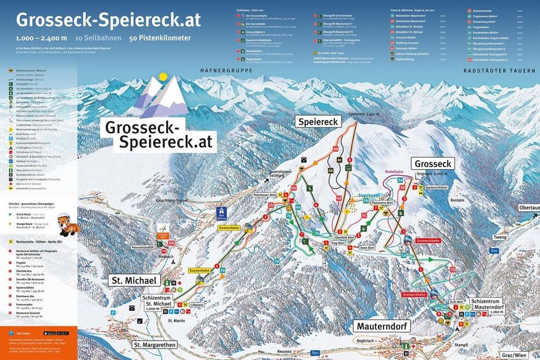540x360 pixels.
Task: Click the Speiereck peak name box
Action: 319,121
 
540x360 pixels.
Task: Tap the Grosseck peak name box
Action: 433,163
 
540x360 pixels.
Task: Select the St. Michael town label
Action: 134,280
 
